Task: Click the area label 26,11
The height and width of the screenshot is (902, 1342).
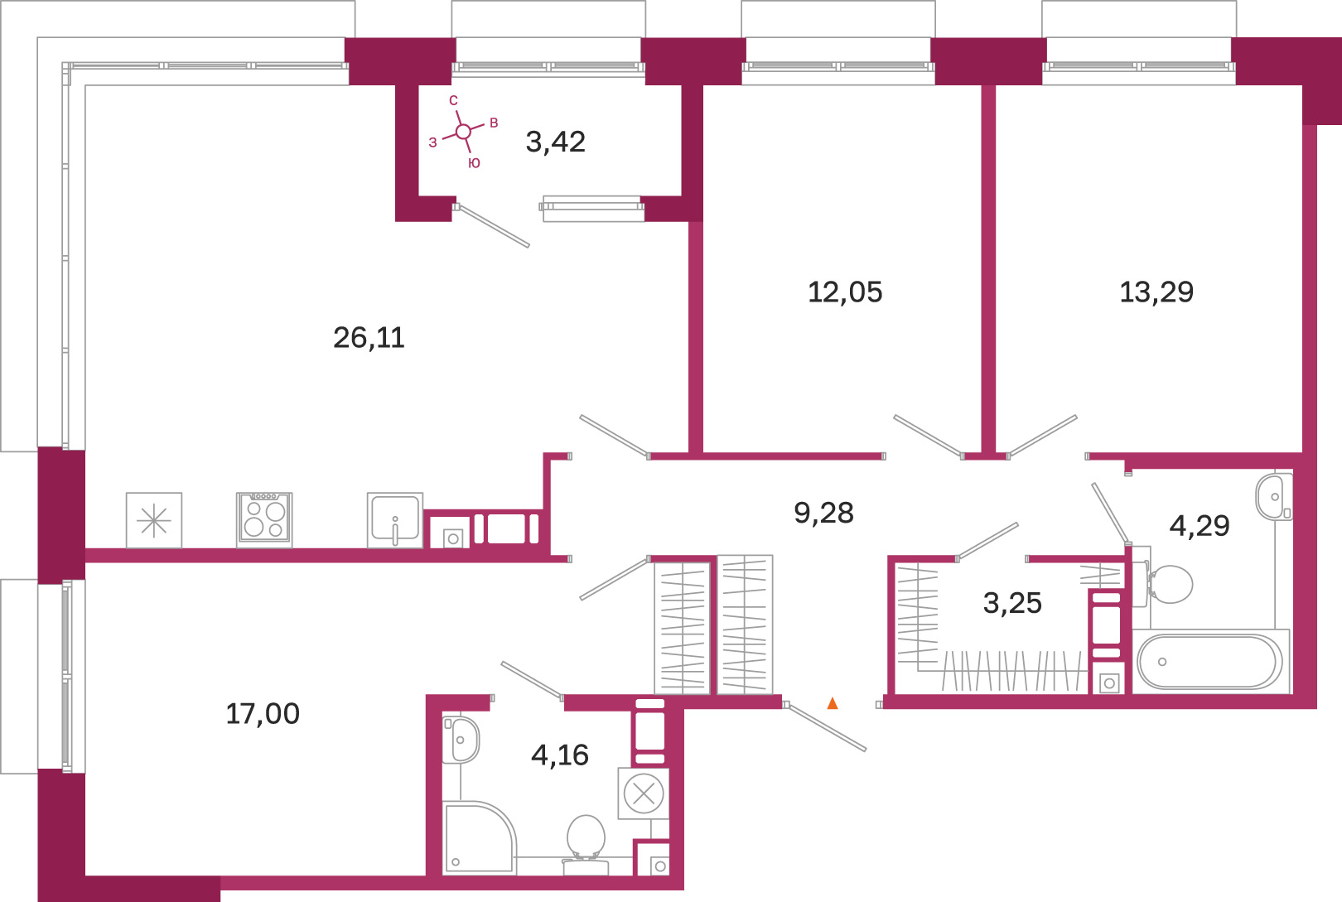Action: pyautogui.click(x=369, y=339)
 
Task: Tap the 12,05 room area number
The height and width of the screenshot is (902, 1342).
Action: pyautogui.click(x=845, y=292)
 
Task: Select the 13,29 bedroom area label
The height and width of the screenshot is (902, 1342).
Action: pyautogui.click(x=1156, y=292)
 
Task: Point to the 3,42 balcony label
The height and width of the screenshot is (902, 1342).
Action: pyautogui.click(x=555, y=142)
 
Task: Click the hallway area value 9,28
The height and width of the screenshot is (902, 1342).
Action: pyautogui.click(x=823, y=513)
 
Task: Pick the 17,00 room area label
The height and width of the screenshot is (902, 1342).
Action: pyautogui.click(x=263, y=714)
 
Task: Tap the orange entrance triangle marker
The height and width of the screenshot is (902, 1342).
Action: pyautogui.click(x=833, y=703)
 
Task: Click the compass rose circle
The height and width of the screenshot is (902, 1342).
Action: pyautogui.click(x=463, y=132)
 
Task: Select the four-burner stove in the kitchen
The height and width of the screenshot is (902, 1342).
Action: pyautogui.click(x=264, y=520)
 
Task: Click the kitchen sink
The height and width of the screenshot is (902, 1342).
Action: pyautogui.click(x=395, y=520)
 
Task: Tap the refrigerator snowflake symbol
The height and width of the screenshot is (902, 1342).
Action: pyautogui.click(x=154, y=520)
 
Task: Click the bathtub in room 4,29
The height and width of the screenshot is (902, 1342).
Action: pyautogui.click(x=1209, y=662)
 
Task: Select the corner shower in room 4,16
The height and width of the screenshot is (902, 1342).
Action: pyautogui.click(x=479, y=837)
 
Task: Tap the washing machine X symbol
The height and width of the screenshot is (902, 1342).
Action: pyautogui.click(x=644, y=793)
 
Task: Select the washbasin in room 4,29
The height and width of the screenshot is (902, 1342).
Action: pyautogui.click(x=1274, y=496)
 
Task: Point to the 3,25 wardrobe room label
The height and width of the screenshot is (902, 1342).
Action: pyautogui.click(x=1012, y=603)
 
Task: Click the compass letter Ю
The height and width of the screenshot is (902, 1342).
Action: pyautogui.click(x=474, y=163)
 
